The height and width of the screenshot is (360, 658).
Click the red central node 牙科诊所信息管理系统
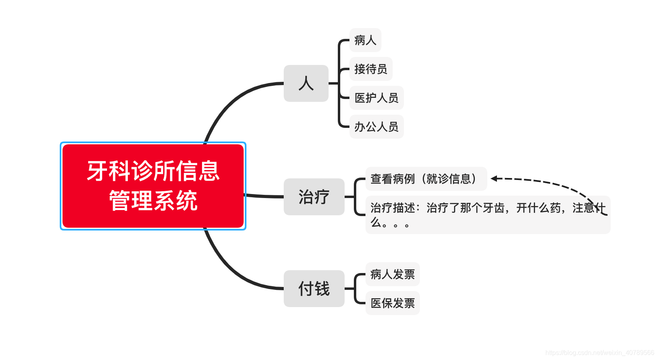click(153, 186)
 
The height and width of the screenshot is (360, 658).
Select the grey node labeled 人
click(306, 83)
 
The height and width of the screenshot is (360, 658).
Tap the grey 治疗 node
click(314, 197)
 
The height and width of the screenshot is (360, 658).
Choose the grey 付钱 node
click(314, 289)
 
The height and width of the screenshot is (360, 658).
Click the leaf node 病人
click(365, 40)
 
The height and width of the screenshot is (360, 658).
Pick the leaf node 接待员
click(371, 69)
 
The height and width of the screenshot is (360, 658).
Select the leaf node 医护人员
click(376, 98)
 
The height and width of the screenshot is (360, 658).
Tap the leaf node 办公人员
click(376, 127)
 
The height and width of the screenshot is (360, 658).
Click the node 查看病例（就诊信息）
click(426, 179)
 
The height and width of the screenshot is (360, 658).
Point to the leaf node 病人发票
click(392, 274)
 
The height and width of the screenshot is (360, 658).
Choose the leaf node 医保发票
click(392, 303)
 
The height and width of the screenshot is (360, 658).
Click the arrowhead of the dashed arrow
click(494, 178)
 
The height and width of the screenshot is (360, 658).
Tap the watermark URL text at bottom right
click(599, 352)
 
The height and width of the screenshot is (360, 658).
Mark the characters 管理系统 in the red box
click(153, 200)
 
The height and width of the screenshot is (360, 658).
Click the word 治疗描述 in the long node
click(392, 208)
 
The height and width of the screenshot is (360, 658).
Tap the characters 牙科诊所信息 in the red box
click(153, 171)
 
